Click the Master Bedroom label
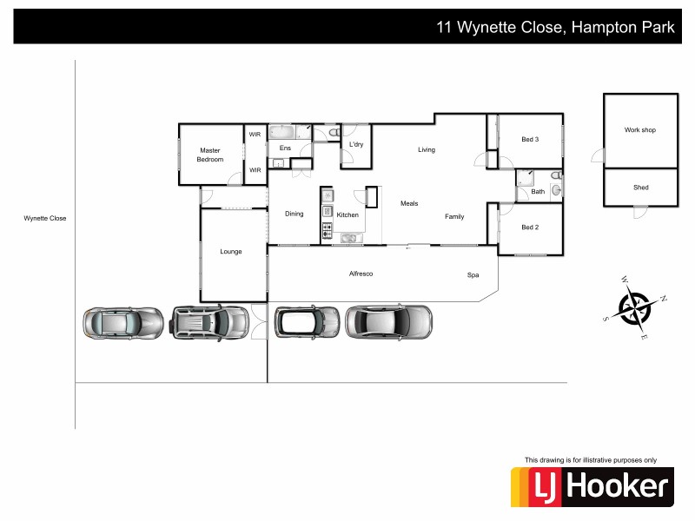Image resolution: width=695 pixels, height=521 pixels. (x=210, y=155)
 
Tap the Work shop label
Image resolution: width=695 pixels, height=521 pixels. (x=639, y=130)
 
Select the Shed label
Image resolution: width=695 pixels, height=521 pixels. (x=640, y=188)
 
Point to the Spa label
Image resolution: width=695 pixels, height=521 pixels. (x=473, y=275)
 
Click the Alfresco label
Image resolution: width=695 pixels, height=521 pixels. (x=361, y=274)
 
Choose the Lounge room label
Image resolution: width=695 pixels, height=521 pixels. (x=230, y=252)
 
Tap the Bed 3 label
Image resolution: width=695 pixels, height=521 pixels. (x=530, y=140)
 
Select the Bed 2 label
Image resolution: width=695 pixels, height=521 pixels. (x=530, y=228)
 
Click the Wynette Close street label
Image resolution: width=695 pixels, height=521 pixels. (x=44, y=219)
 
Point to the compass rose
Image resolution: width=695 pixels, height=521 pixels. (x=636, y=307)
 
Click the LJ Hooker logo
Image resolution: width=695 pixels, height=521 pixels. (x=592, y=486)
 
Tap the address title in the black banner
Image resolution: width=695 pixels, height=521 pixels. (x=555, y=28)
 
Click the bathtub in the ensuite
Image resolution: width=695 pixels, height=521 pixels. (x=283, y=133)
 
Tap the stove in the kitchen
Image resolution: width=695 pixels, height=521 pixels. (x=328, y=230)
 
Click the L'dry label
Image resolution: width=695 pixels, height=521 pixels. (x=356, y=144)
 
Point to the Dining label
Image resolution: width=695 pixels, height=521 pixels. (x=295, y=214)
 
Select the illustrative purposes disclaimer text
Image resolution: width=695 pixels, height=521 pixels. (x=591, y=460)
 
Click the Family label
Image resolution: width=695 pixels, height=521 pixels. (x=454, y=216)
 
